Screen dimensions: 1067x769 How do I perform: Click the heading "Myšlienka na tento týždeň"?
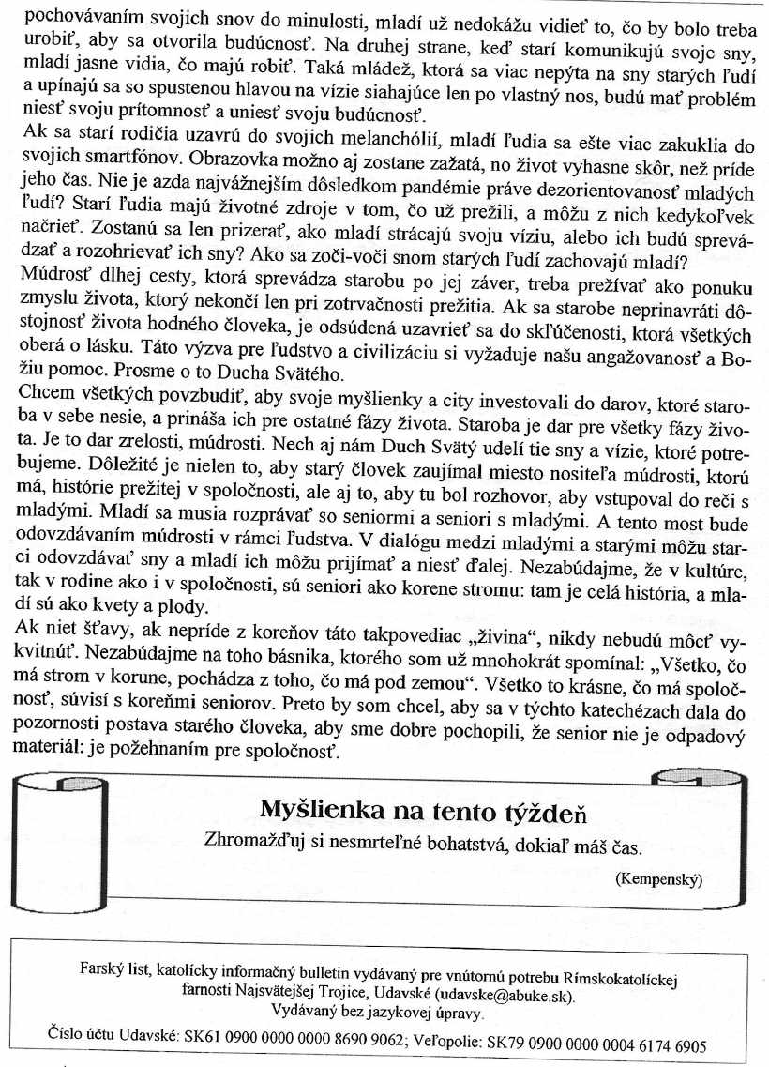[x=423, y=809]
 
